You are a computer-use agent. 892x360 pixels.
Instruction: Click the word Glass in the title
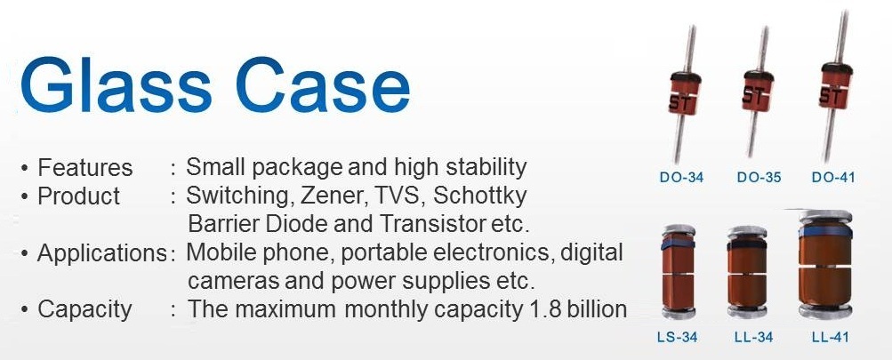(x=116, y=84)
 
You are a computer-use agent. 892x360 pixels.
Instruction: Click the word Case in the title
(x=323, y=85)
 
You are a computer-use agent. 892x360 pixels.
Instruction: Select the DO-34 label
(x=681, y=178)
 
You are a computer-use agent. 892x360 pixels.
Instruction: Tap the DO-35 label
(x=759, y=178)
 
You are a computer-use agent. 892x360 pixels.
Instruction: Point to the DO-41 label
(x=832, y=178)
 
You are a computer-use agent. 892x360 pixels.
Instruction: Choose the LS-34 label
(x=677, y=337)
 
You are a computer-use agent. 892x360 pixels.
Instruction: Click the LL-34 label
(x=754, y=337)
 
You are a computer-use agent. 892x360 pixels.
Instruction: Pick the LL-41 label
(x=831, y=337)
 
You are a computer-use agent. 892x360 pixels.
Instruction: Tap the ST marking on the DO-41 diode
(x=832, y=95)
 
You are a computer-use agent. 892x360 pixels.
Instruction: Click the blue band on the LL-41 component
(x=825, y=231)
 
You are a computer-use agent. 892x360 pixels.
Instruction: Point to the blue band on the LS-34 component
(x=678, y=243)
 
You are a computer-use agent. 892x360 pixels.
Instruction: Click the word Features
(x=84, y=168)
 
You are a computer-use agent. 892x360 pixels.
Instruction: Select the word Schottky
(x=479, y=197)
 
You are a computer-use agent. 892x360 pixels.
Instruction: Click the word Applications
(x=102, y=253)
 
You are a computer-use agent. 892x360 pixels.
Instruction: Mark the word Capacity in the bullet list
(x=84, y=310)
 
